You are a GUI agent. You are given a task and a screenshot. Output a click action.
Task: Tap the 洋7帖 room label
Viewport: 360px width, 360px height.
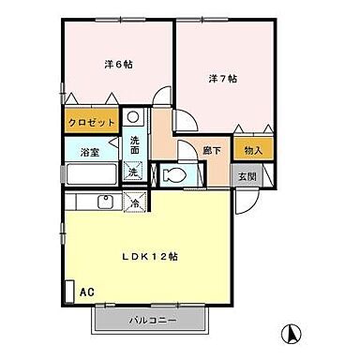coord(222,78)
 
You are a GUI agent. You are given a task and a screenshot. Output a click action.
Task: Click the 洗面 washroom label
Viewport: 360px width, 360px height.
coord(135,146)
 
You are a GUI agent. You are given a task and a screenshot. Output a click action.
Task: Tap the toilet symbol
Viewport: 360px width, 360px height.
coord(174,174)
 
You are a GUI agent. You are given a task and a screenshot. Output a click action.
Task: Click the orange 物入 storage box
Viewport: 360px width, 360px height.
coord(251,148)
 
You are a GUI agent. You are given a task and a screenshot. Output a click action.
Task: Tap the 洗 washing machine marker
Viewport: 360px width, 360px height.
coord(135,171)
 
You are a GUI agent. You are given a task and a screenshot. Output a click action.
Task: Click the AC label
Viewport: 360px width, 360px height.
coord(85,292)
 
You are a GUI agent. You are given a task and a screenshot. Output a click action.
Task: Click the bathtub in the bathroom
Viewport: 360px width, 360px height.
coord(89,172)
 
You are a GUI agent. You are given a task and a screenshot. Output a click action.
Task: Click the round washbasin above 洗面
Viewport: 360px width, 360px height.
coord(134,120)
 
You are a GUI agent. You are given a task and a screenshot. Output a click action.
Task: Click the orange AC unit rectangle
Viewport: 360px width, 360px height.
coord(67,292)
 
